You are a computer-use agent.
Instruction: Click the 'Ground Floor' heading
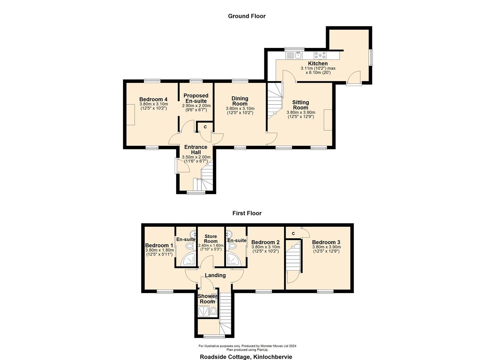coord(247,16)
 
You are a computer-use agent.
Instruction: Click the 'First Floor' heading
coord(247,213)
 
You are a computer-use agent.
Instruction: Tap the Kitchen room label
coord(318,63)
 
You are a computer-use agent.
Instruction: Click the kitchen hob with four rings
coord(320,55)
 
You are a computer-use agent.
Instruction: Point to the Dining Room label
coord(240,101)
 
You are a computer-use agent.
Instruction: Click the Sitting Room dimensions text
coord(301,115)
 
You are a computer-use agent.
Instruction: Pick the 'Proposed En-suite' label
coord(196,98)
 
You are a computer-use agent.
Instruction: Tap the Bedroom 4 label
coord(153,99)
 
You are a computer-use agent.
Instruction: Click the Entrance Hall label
coord(196,149)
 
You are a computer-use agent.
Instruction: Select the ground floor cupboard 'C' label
coord(205,127)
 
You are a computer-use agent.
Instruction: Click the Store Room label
coord(211,239)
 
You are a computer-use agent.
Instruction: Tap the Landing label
coord(215,275)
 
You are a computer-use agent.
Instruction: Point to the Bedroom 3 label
coord(326,242)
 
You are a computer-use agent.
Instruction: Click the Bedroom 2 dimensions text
coord(266,249)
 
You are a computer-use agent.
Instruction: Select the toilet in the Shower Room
coord(213,311)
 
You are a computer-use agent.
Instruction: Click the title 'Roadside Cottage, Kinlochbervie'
coord(246,357)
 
